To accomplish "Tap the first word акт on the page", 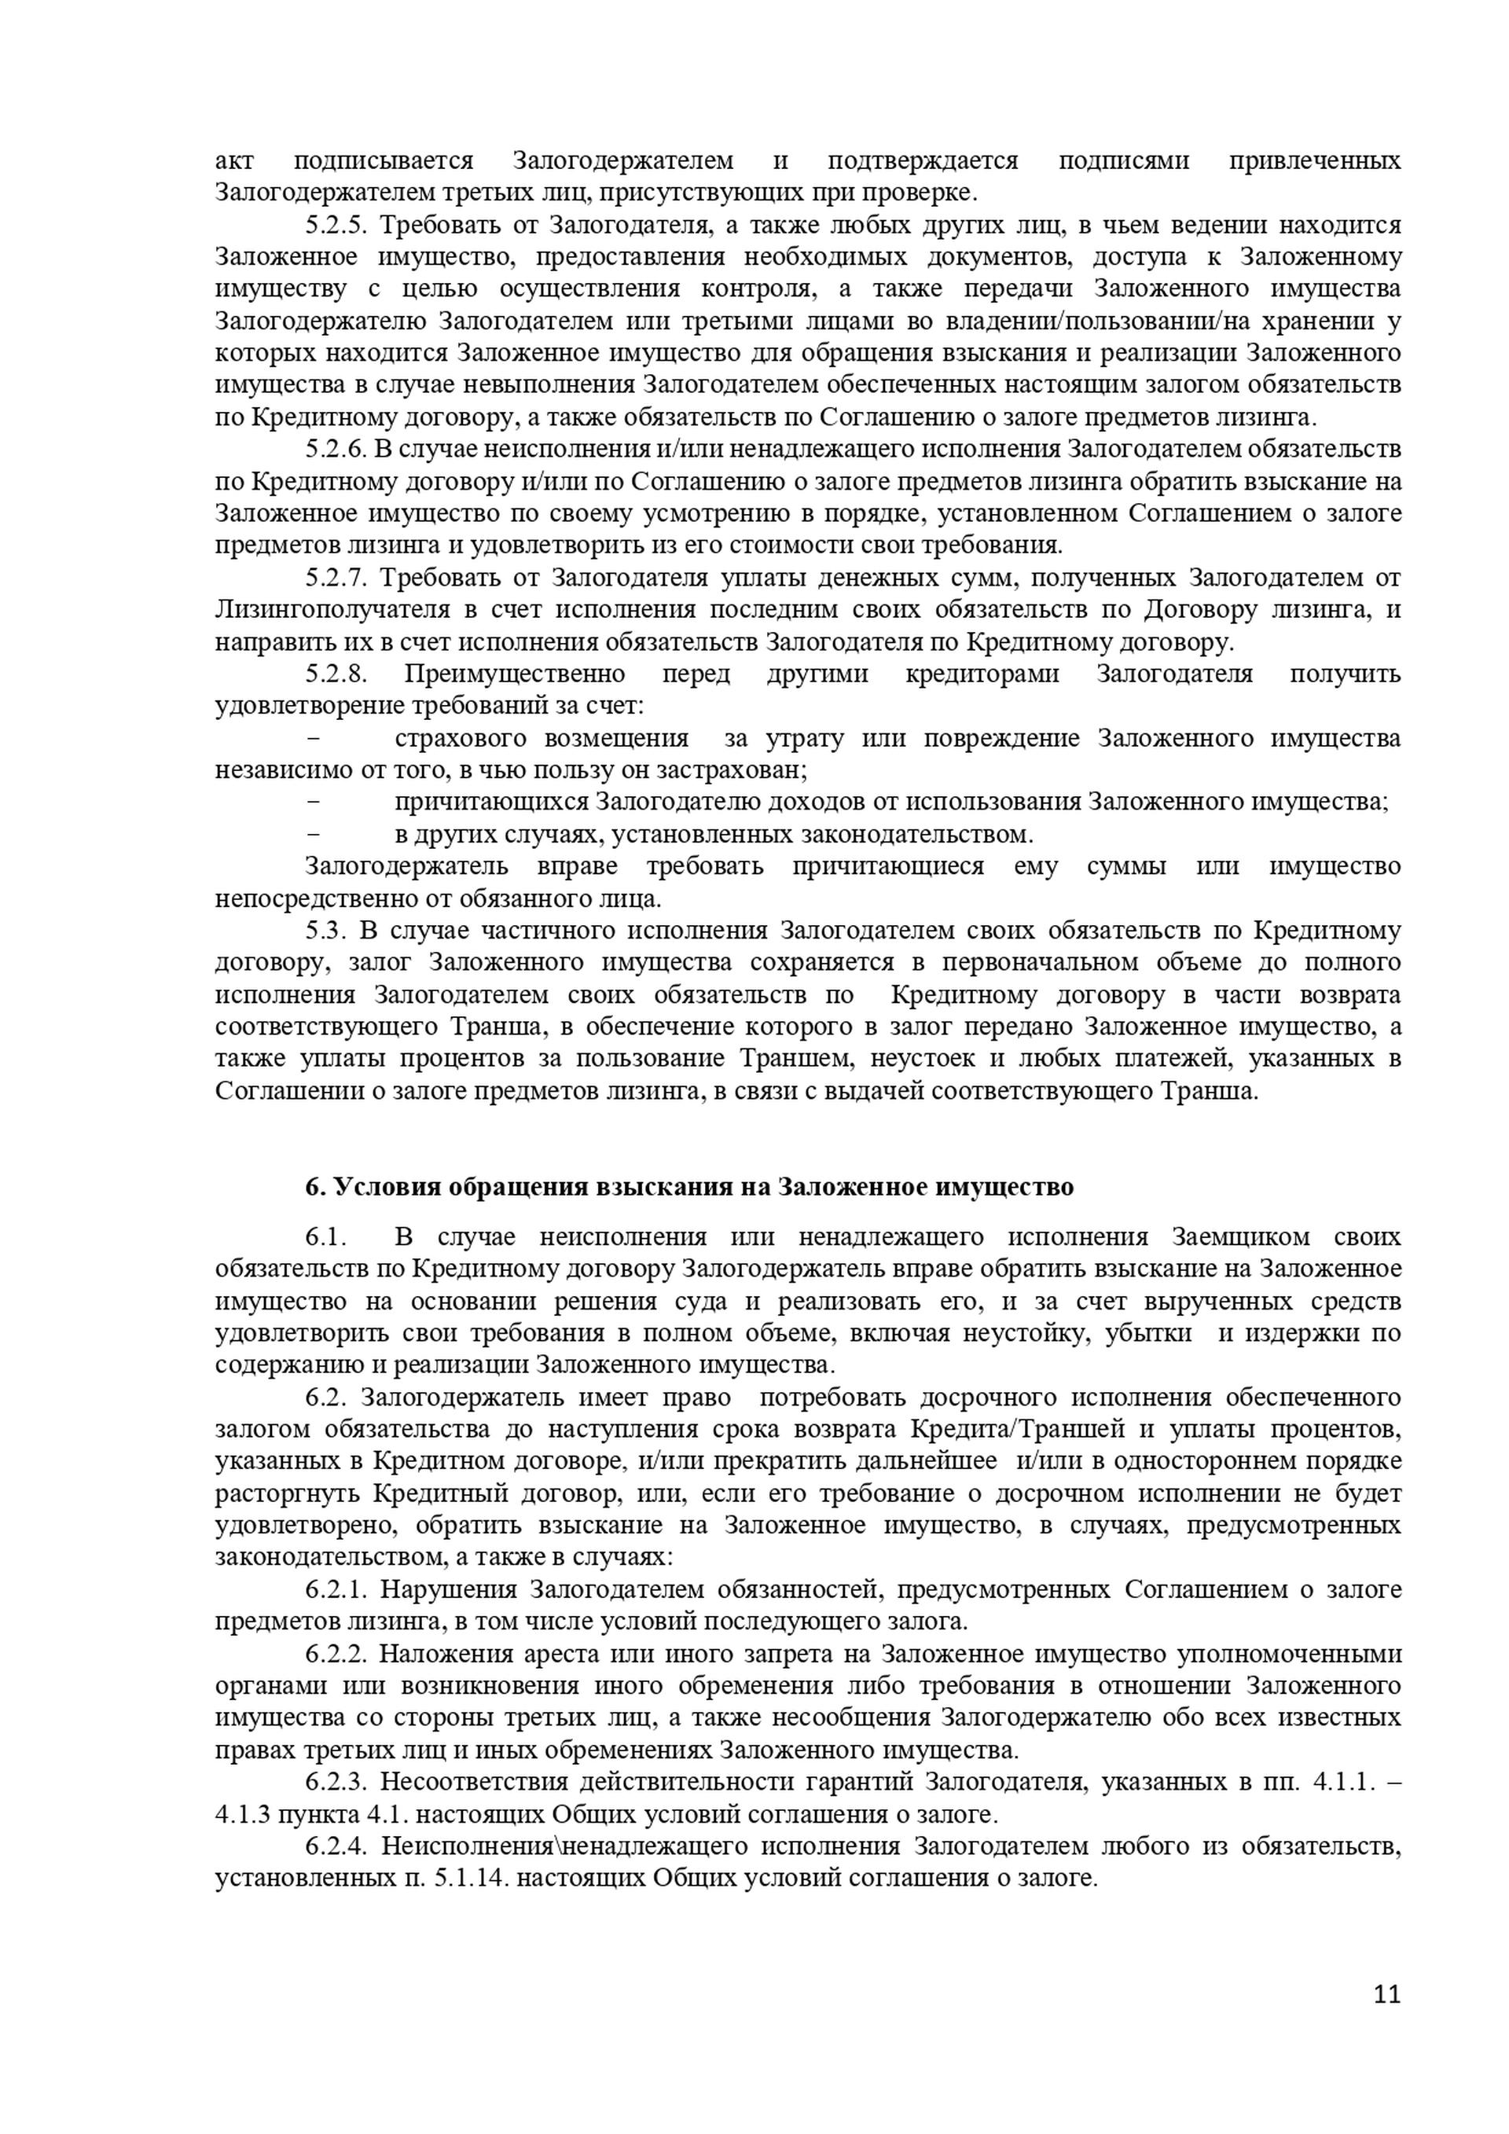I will click(234, 161).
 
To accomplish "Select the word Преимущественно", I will click(515, 674).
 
